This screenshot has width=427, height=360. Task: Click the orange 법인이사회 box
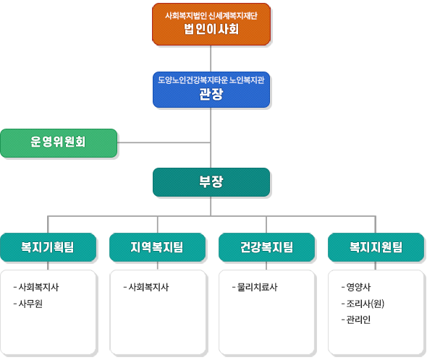[211, 25]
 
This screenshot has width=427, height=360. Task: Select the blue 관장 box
[211, 90]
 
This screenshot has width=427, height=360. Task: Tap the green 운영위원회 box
[59, 143]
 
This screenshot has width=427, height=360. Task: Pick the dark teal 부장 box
[211, 182]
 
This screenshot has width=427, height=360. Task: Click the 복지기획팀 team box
[48, 247]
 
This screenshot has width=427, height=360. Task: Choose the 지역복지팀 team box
[157, 247]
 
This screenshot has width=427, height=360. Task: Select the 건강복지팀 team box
[266, 247]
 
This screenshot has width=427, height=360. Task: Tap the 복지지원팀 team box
[376, 247]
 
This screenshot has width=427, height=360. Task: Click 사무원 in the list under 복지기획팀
[28, 304]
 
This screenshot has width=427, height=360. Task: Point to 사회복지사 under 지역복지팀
[146, 287]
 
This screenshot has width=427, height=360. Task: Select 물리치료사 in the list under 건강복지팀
[255, 287]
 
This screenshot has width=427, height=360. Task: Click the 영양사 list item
[356, 287]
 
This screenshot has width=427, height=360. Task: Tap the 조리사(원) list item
[363, 304]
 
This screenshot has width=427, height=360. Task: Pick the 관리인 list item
[356, 320]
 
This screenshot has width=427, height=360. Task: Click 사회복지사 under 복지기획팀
[36, 287]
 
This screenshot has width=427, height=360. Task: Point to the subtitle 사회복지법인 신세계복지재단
[211, 16]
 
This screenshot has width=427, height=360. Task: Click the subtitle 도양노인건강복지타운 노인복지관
[211, 80]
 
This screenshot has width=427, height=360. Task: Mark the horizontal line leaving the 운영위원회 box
[164, 142]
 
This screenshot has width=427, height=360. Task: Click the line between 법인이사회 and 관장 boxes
[211, 59]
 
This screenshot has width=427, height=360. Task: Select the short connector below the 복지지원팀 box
[376, 265]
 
